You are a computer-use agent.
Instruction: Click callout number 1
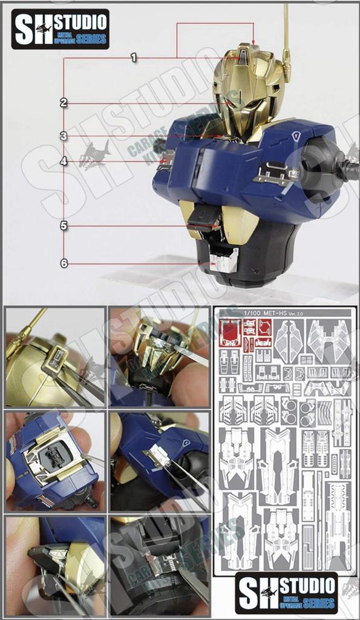(x=133, y=58)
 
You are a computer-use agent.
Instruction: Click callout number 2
(x=64, y=103)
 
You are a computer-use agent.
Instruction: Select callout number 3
(x=64, y=136)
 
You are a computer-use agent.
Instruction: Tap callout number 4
(x=64, y=161)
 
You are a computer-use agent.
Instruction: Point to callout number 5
(x=64, y=226)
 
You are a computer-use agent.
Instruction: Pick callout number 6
(x=64, y=263)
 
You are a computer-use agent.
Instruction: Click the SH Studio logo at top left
(x=60, y=28)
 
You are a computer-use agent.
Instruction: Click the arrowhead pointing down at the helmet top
(x=254, y=42)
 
